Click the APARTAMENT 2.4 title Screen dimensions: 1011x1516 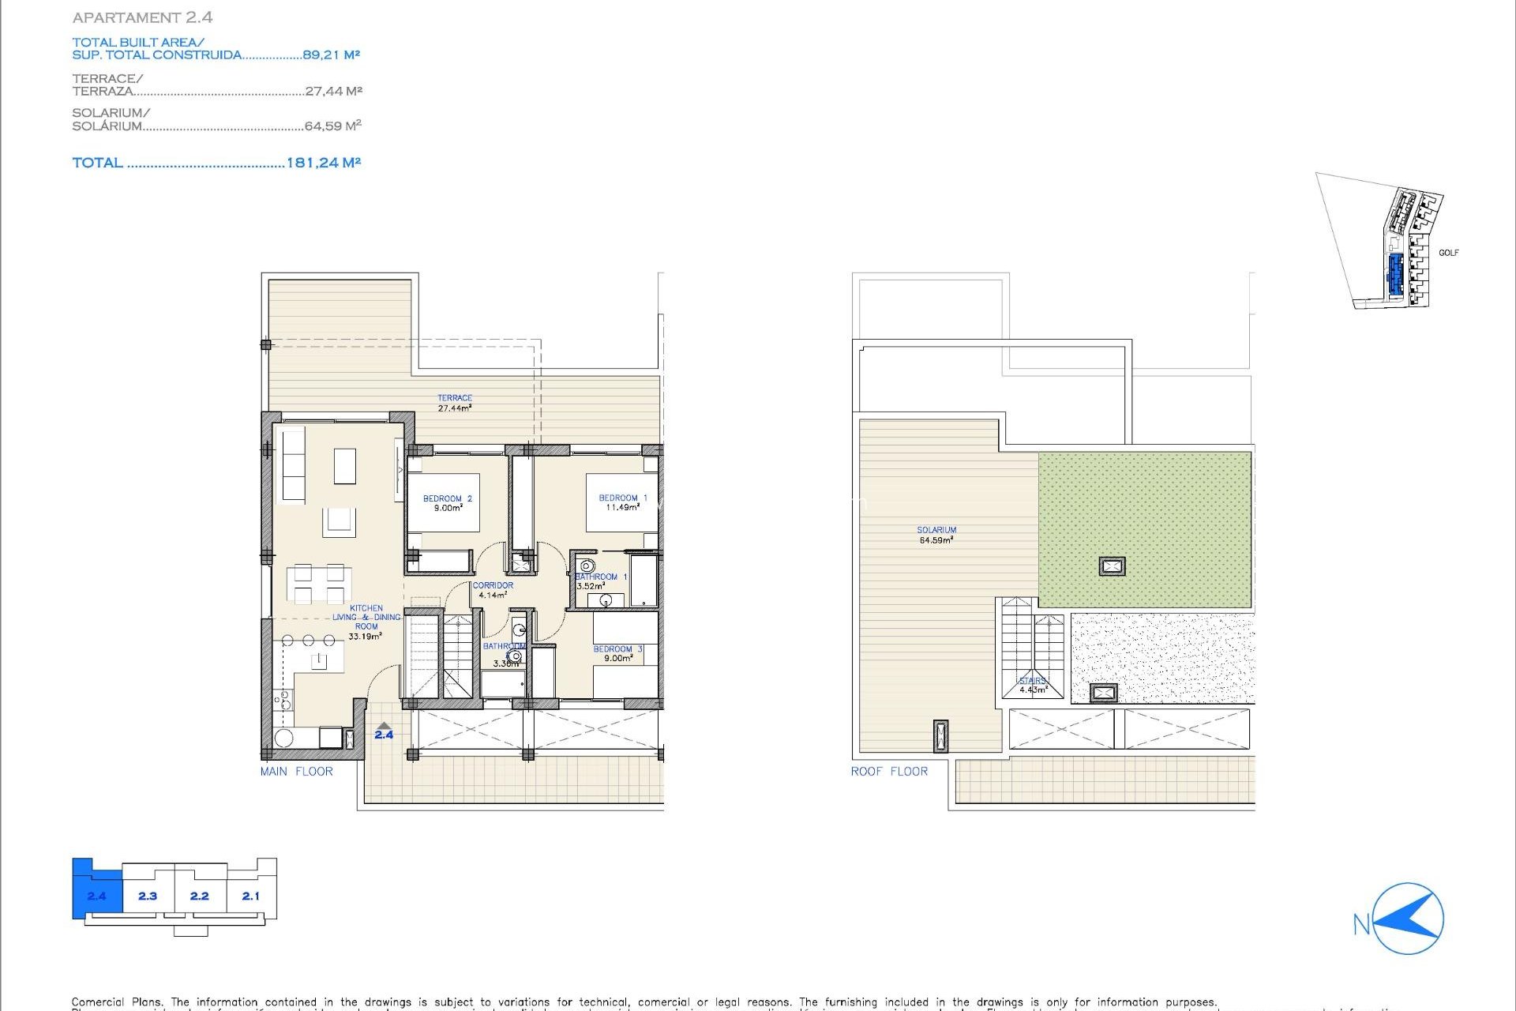(x=142, y=17)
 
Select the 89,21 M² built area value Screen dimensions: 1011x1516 (x=331, y=54)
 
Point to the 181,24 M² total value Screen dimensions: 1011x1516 (x=323, y=163)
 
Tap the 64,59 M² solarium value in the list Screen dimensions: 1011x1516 (x=332, y=126)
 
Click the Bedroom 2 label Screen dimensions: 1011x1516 (x=447, y=503)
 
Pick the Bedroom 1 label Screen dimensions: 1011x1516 (x=622, y=502)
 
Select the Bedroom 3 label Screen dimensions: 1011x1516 (x=617, y=653)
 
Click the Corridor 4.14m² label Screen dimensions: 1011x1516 (x=493, y=590)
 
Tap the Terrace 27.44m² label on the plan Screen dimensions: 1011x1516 (x=455, y=403)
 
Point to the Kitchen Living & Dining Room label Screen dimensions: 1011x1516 (x=366, y=622)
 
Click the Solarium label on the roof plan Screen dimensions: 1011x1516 (x=936, y=535)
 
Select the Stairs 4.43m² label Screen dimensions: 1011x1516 (x=1032, y=685)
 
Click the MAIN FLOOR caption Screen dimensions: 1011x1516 (x=297, y=772)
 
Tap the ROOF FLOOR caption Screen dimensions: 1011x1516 (x=889, y=772)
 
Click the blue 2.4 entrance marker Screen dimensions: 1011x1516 (x=384, y=731)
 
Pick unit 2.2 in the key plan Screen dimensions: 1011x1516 (x=200, y=896)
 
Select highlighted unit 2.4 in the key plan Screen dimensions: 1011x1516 (x=96, y=896)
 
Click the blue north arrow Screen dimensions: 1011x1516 (x=1409, y=919)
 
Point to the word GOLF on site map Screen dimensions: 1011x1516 (x=1448, y=253)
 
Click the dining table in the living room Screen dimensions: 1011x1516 (x=319, y=584)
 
